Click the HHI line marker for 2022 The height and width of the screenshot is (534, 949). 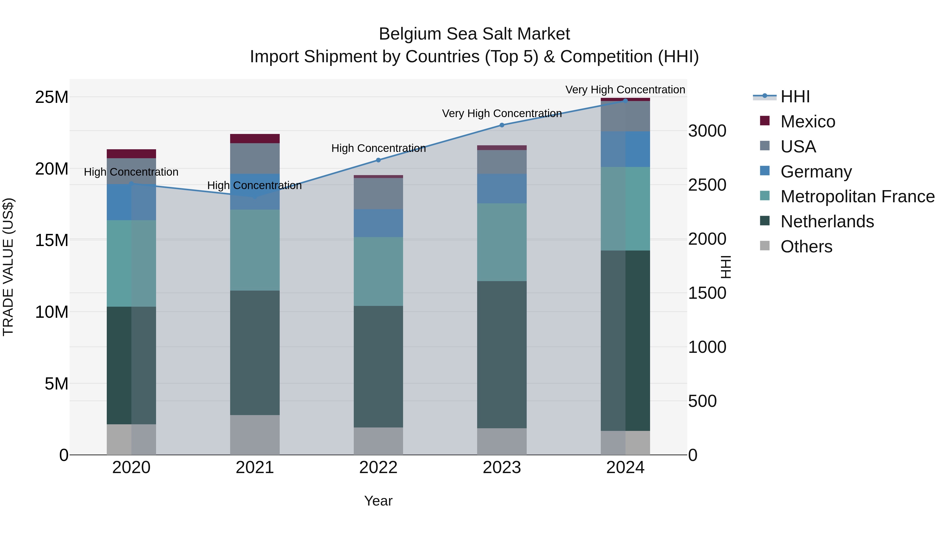click(378, 160)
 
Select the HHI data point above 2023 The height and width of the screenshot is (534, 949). click(502, 125)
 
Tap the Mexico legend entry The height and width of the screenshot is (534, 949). click(807, 122)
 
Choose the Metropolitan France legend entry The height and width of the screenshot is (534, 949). click(857, 196)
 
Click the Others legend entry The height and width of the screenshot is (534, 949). click(806, 247)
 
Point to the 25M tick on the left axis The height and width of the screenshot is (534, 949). click(52, 97)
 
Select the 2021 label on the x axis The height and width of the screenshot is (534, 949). click(255, 468)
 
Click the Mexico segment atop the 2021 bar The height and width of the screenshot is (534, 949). click(255, 138)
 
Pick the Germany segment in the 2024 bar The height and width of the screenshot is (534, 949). click(625, 149)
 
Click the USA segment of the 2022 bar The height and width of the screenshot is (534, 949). click(378, 194)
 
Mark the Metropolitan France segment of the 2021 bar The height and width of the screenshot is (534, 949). click(255, 250)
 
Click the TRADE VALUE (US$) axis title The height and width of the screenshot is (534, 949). click(8, 267)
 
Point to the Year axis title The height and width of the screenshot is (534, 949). click(378, 501)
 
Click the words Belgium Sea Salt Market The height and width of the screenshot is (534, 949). click(474, 34)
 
